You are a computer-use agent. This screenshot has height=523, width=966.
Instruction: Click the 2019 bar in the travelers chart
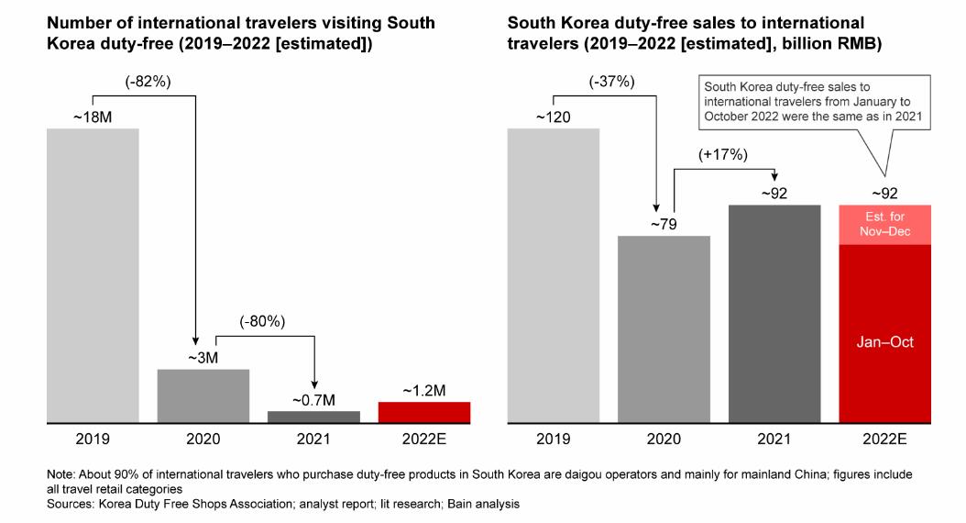[x=93, y=275]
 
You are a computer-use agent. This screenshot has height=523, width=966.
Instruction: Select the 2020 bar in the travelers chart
[x=203, y=395]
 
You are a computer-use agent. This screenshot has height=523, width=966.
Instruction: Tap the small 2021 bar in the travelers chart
[x=313, y=417]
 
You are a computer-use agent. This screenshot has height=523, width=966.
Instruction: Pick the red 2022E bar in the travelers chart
[x=424, y=413]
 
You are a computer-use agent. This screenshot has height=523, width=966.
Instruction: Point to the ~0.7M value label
[x=314, y=400]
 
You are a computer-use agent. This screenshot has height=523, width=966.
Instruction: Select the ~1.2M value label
[x=424, y=390]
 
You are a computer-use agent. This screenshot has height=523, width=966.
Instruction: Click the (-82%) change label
[x=148, y=82]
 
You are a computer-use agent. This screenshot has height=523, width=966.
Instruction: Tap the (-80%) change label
[x=262, y=322]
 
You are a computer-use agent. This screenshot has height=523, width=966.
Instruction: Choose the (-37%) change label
[x=610, y=82]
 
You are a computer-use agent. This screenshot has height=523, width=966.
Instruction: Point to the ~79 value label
[x=664, y=225]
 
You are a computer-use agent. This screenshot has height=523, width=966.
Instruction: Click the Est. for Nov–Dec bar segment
[x=885, y=225]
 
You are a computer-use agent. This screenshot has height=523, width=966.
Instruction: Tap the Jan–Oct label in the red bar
[x=885, y=342]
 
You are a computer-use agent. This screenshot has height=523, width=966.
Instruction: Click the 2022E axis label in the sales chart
[x=885, y=440]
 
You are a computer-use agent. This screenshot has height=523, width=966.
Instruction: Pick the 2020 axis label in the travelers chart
[x=203, y=440]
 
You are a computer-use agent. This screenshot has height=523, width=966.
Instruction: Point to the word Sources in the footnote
[x=71, y=503]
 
